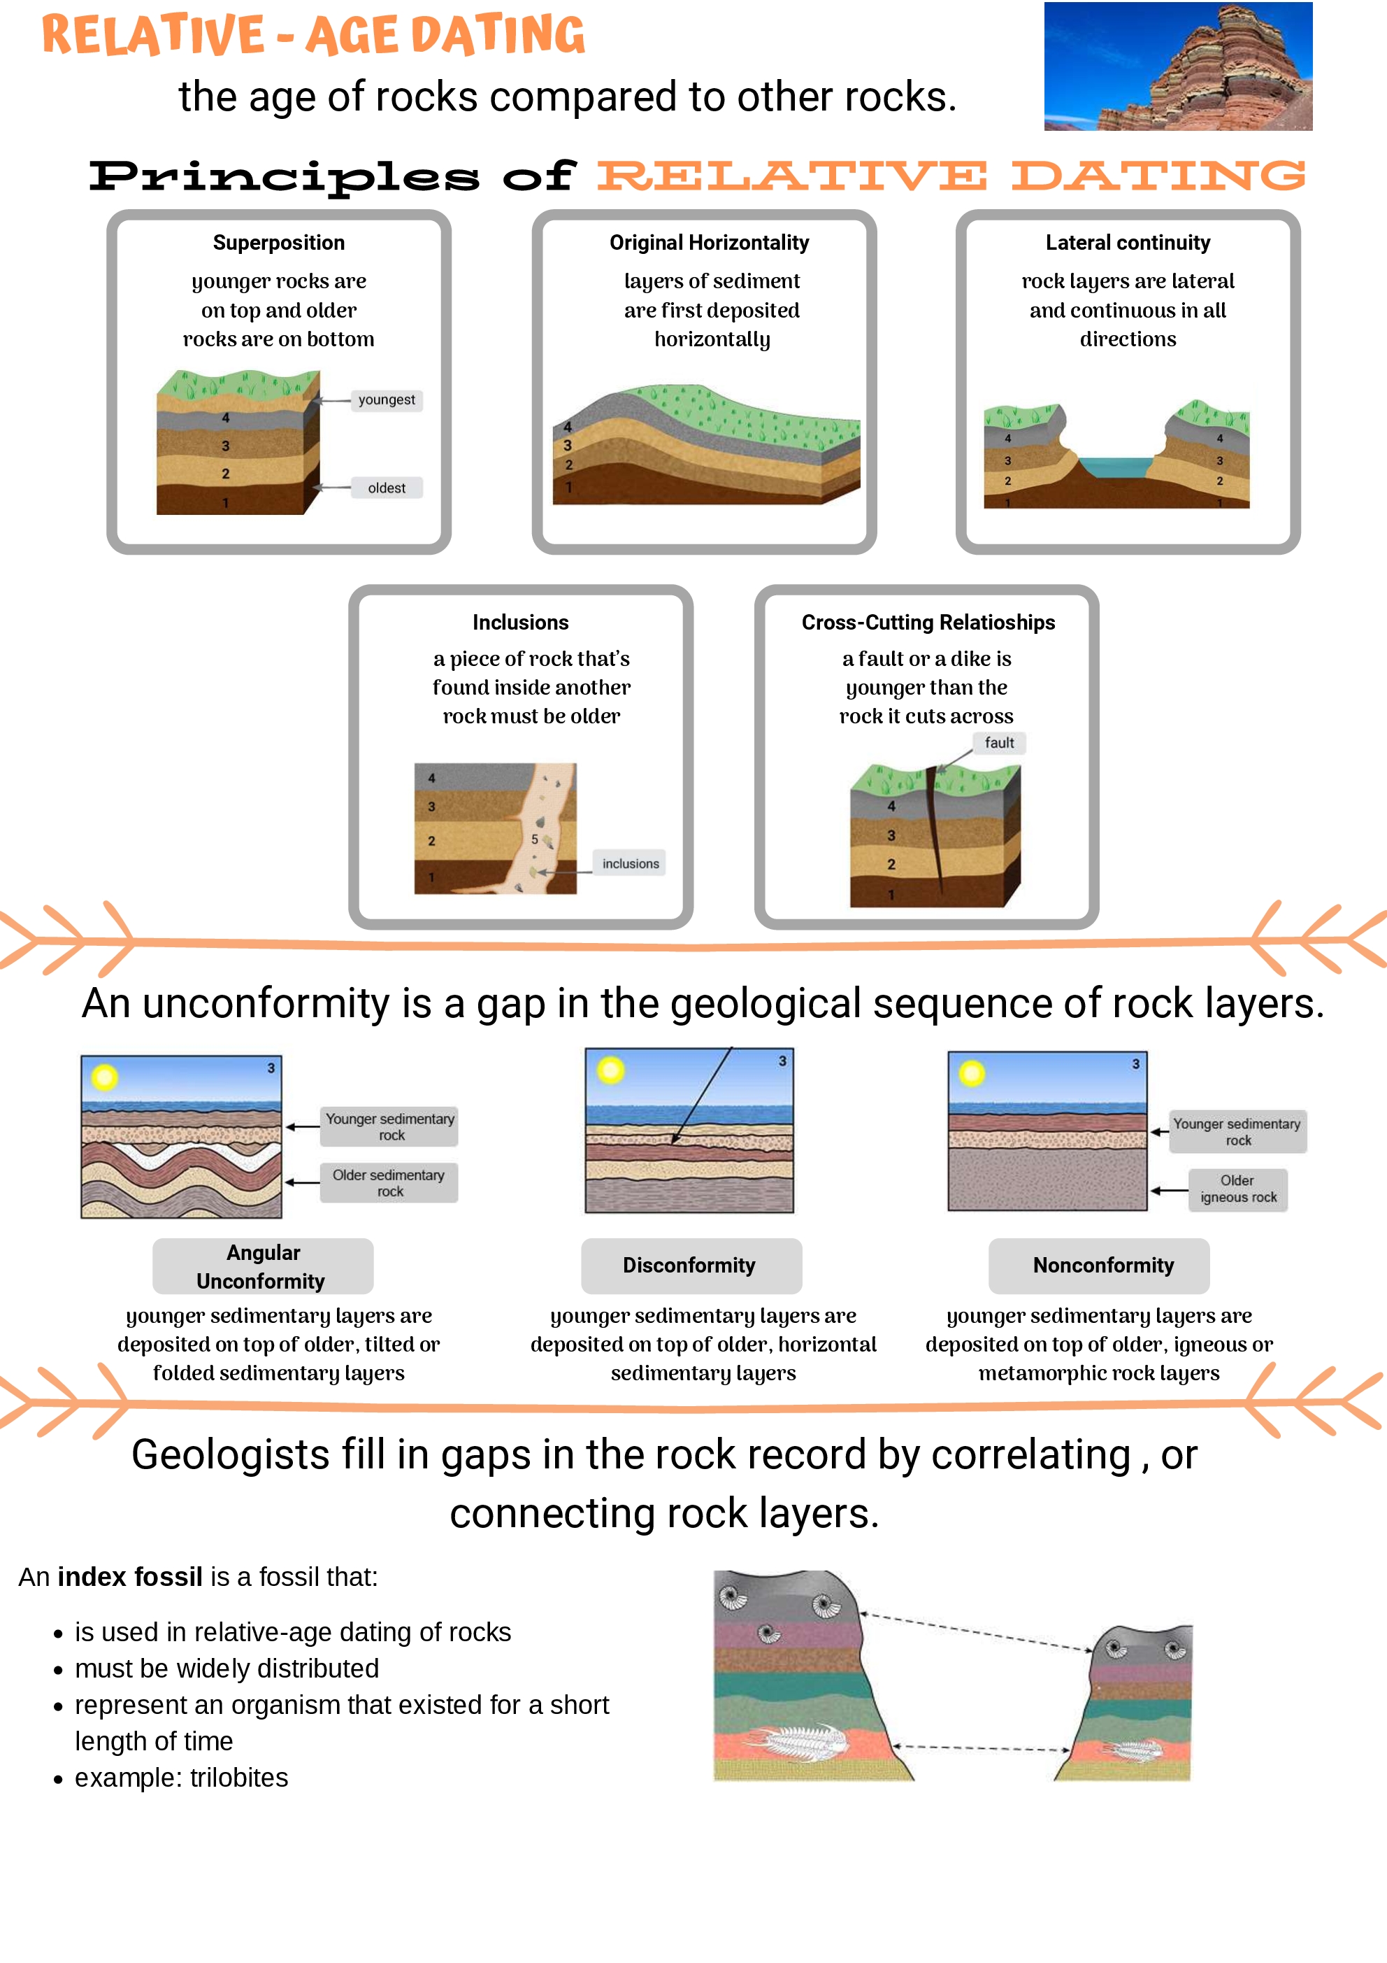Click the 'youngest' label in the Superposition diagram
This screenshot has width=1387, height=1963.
387,400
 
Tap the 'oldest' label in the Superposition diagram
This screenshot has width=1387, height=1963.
387,488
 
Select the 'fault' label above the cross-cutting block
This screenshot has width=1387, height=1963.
999,743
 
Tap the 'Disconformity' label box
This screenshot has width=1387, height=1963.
691,1266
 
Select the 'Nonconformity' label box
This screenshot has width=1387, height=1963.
1102,1266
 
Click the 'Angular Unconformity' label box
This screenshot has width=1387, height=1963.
262,1266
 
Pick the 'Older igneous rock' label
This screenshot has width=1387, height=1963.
1237,1189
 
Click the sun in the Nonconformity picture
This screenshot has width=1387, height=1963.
972,1073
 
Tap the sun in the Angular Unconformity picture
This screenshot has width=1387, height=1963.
104,1077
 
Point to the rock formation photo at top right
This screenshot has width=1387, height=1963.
1178,66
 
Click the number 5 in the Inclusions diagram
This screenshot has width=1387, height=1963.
535,839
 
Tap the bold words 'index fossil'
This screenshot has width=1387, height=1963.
130,1577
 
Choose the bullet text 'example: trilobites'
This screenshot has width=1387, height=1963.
181,1778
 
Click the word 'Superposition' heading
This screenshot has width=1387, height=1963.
279,243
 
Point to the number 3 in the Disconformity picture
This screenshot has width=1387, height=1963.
782,1061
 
